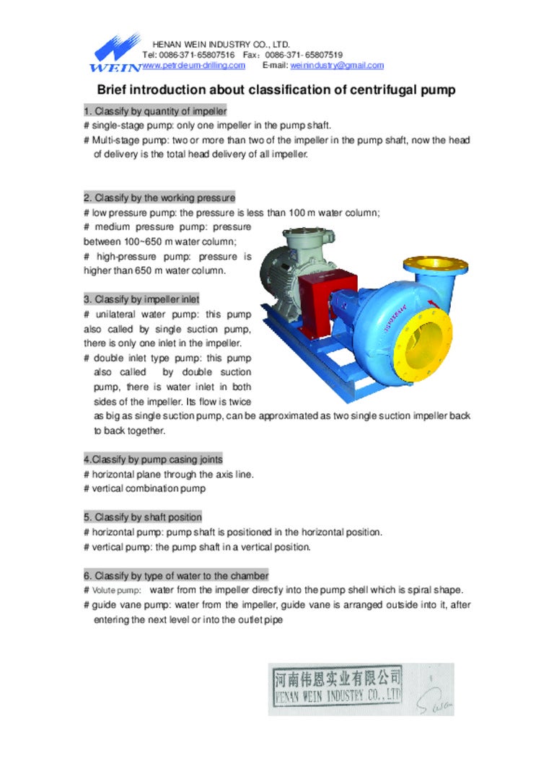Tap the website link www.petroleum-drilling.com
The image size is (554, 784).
click(x=193, y=66)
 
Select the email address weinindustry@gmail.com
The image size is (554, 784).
click(x=337, y=66)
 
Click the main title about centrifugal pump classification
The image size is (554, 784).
click(x=276, y=90)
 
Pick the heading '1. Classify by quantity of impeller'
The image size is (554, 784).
click(x=155, y=111)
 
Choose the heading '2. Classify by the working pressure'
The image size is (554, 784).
click(x=159, y=198)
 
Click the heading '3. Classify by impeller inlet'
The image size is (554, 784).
click(x=142, y=299)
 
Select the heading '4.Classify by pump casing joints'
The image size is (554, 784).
click(x=153, y=459)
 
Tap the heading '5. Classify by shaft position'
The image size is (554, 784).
click(x=143, y=517)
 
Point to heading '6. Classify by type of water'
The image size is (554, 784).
click(x=176, y=576)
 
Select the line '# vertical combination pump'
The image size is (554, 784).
click(x=144, y=489)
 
